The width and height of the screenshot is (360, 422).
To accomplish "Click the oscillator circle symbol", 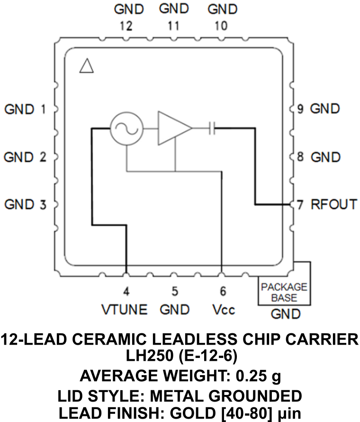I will (x=126, y=128).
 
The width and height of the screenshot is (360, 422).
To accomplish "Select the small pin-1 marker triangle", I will (x=87, y=66).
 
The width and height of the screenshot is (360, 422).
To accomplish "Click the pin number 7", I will (x=300, y=205).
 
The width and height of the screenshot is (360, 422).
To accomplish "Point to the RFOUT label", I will (x=333, y=204).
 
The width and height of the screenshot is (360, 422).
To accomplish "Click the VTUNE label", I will (x=125, y=310).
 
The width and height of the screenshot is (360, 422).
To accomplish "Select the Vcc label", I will (x=224, y=310).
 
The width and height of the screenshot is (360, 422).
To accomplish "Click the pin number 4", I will (x=126, y=291).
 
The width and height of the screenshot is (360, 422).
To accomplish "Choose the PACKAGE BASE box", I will (x=284, y=292).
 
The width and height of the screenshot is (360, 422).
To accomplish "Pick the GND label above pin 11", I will (x=174, y=9).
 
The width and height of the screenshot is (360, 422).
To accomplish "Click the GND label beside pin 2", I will (x=18, y=157).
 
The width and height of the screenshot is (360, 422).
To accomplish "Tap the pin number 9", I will (x=300, y=109).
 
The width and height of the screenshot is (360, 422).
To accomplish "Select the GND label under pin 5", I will (x=174, y=310).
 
